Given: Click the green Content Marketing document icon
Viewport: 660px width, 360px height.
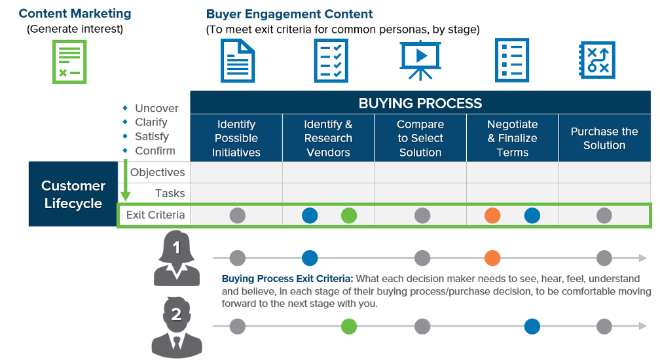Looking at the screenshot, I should [69, 62].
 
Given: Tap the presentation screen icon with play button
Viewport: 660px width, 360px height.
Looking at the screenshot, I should [420, 60].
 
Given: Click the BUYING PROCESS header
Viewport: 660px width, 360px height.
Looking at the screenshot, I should [420, 103].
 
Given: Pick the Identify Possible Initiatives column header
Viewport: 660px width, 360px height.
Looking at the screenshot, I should [236, 138].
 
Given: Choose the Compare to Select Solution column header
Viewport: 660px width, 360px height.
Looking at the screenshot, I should [420, 138].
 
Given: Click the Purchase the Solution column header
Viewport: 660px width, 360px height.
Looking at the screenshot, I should [604, 138].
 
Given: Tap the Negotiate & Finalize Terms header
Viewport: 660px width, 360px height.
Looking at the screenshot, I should [512, 138].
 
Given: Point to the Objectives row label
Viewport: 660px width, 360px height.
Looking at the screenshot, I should [157, 172].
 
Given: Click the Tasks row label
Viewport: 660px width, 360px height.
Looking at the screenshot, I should [170, 193].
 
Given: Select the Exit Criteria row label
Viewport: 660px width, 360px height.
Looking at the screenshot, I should [155, 215].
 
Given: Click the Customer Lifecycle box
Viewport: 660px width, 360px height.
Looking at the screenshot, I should [73, 194].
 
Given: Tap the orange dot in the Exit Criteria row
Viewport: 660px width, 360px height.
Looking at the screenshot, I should [492, 215].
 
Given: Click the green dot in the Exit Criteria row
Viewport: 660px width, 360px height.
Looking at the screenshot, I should [349, 215].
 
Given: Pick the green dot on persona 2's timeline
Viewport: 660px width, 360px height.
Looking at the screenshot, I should [349, 326].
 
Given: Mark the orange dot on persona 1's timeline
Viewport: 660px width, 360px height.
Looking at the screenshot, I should [492, 258].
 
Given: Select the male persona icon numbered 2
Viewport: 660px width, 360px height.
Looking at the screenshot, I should [176, 325].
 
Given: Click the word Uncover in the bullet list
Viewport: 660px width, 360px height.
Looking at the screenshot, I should [156, 108].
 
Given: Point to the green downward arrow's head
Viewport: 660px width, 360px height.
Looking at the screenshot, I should [126, 196].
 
